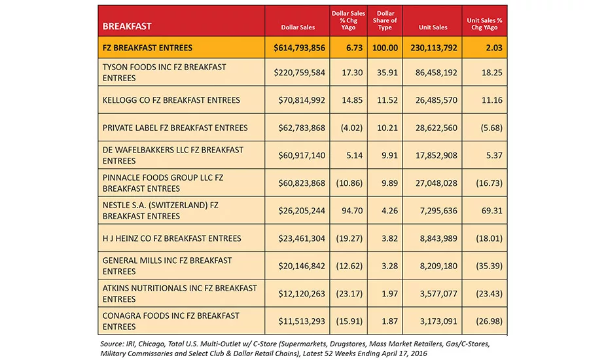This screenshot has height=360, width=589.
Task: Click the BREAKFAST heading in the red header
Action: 127,26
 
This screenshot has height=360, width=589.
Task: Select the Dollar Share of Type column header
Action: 385,20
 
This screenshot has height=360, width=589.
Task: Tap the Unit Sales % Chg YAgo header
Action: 484,24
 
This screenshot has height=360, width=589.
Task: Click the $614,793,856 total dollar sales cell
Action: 299,48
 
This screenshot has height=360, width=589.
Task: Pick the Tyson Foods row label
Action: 164,73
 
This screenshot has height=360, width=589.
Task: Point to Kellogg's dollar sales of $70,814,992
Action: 302,100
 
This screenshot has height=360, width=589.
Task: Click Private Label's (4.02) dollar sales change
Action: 351,128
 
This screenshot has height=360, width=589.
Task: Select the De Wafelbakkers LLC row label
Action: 173,155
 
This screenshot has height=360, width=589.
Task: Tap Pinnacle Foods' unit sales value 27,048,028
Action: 436,183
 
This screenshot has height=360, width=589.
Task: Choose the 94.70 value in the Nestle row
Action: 352,211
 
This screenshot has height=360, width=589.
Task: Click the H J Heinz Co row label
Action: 171,238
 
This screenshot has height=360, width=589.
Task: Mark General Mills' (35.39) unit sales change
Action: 489,266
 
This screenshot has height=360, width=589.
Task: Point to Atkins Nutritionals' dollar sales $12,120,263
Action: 302,293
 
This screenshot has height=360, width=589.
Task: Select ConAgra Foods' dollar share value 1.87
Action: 389,321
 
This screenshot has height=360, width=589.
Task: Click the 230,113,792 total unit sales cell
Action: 434,48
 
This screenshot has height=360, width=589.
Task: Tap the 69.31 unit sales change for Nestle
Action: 491,211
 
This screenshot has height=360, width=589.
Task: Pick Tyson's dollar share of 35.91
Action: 387,73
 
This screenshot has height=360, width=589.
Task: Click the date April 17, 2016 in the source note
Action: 404,353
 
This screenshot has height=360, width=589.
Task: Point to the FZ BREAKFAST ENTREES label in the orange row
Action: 147,48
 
